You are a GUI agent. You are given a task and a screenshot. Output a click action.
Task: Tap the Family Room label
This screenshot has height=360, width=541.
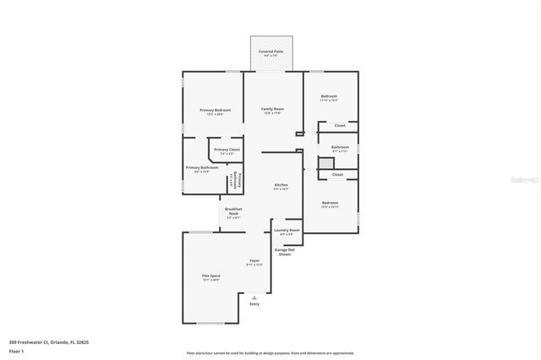pos(272,110)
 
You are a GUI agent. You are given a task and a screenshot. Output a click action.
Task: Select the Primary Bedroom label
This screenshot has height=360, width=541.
pos(215,111)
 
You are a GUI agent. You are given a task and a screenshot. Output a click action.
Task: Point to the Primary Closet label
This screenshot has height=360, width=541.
pos(227,150)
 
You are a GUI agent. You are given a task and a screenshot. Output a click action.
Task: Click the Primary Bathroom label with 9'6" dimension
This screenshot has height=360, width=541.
pos(202,168)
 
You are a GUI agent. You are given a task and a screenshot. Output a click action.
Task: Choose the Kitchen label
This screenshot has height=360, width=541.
pos(281,185)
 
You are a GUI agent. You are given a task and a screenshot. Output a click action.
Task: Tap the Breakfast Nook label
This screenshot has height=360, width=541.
pos(233,213)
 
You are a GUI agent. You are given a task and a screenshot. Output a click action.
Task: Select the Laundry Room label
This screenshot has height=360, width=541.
pos(287,231)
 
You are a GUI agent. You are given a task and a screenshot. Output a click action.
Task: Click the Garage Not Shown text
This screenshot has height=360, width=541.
pos(284,252)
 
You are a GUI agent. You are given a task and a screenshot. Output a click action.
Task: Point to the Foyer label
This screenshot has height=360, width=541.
pos(254,261)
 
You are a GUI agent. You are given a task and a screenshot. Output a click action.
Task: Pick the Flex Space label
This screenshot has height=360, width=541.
pos(210,276)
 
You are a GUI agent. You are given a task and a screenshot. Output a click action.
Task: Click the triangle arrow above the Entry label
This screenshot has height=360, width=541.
pos(254,297)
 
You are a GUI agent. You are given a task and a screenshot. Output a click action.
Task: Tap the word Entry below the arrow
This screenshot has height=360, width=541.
pos(254,304)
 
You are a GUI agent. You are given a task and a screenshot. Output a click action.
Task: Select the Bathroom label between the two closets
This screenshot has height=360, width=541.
pos(340,148)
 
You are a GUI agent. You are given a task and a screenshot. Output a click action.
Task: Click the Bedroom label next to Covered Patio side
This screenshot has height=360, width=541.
pos(329,98)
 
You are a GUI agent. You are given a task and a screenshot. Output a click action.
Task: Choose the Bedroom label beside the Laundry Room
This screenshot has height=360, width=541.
pos(330,204)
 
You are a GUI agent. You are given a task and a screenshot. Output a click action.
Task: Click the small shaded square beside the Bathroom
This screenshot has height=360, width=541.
pos(325,162)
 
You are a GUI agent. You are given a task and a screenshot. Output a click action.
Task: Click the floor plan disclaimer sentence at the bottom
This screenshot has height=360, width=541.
pos(270,353)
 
